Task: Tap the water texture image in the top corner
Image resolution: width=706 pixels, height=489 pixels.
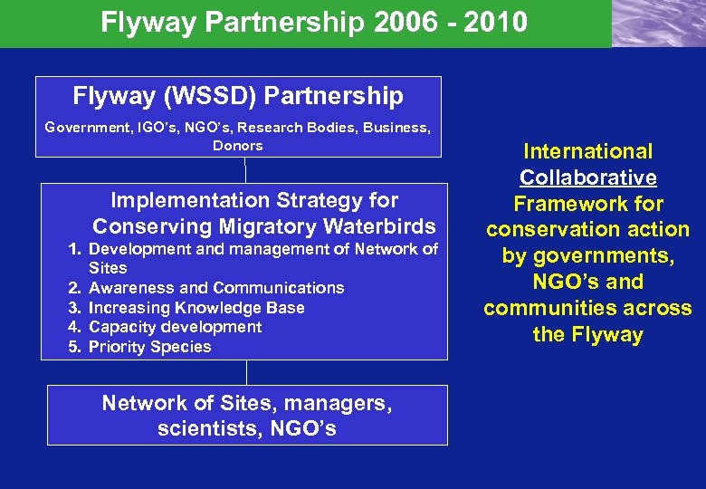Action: pyautogui.click(x=658, y=24)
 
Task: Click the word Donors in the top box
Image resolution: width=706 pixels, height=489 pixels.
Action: pyautogui.click(x=237, y=146)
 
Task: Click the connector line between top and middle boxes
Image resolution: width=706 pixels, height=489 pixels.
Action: pyautogui.click(x=245, y=170)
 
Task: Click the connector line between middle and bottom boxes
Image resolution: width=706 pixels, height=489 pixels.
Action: pyautogui.click(x=245, y=372)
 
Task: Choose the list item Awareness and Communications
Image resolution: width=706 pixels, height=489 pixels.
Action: pyautogui.click(x=216, y=288)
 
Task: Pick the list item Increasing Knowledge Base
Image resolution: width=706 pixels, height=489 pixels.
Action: pyautogui.click(x=196, y=308)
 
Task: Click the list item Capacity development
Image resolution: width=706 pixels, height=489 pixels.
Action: pyautogui.click(x=176, y=327)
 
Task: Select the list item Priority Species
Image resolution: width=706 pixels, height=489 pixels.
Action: pyautogui.click(x=149, y=347)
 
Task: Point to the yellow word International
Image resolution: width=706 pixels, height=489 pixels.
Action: pyautogui.click(x=587, y=152)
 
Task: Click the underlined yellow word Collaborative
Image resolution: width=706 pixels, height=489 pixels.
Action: pyautogui.click(x=587, y=178)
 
